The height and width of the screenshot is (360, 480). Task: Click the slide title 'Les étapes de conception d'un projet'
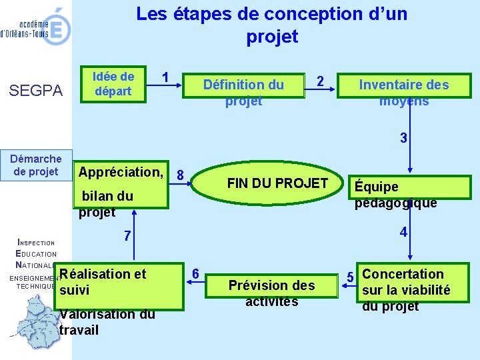(271, 25)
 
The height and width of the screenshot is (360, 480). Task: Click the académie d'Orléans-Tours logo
(37, 27)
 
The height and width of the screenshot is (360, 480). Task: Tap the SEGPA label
(37, 91)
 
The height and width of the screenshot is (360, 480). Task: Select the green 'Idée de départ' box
(113, 84)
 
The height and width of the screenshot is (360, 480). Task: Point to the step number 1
(165, 77)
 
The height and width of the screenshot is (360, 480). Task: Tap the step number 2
(320, 81)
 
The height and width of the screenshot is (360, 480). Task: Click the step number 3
(403, 139)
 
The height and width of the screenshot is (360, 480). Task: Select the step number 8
(180, 175)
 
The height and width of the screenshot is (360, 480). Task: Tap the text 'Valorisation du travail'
(107, 322)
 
